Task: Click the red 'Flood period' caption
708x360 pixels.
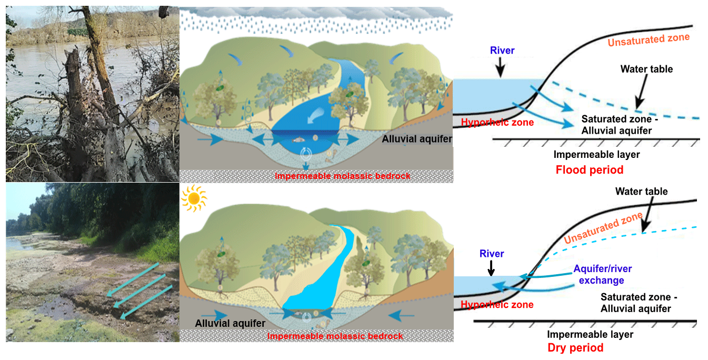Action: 589,170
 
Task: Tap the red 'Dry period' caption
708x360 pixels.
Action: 575,348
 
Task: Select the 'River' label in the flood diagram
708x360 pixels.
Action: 502,51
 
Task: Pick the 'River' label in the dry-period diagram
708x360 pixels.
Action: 492,254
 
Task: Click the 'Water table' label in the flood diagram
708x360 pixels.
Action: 646,69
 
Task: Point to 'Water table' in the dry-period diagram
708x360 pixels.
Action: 641,192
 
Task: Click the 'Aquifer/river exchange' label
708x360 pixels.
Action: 602,275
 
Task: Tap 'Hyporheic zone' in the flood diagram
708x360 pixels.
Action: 497,123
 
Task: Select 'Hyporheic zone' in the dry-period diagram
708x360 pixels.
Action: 497,305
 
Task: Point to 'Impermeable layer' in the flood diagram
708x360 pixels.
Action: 596,155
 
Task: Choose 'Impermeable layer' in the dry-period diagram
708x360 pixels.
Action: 590,334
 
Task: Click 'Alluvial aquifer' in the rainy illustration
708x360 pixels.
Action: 416,139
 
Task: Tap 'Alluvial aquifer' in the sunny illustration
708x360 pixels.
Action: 230,323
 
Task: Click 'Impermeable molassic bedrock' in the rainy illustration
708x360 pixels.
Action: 342,176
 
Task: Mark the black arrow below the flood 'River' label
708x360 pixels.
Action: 500,67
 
